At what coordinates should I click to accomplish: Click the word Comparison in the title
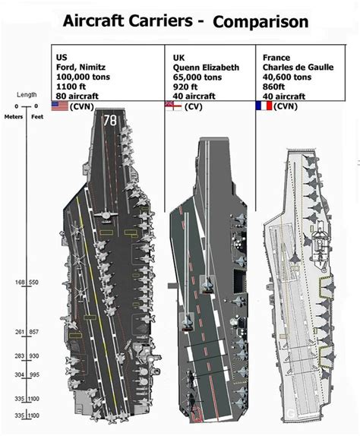coord(261,22)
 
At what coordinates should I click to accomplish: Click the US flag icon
coord(60,106)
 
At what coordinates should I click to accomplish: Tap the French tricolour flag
coord(264,106)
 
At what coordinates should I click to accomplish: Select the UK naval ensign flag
coord(173,106)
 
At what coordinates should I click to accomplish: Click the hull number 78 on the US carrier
coord(110,121)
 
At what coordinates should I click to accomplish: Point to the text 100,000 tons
coord(83,77)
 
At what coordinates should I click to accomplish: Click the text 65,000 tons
coord(197,77)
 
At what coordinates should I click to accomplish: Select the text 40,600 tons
coord(287,77)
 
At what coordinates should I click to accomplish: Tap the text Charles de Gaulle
coord(298,68)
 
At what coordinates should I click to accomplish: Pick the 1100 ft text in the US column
coord(71,87)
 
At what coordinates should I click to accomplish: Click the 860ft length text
coord(274,87)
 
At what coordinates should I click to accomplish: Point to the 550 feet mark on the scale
coord(33,283)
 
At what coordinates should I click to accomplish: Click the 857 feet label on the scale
coord(33,332)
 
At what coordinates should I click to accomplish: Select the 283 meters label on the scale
coord(20,356)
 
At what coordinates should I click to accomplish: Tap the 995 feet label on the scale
coord(34,375)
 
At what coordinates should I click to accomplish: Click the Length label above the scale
coord(27,94)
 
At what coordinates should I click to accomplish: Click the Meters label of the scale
coord(14,117)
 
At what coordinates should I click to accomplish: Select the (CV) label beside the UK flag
coord(194,106)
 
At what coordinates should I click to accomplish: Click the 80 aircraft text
coord(77,96)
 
